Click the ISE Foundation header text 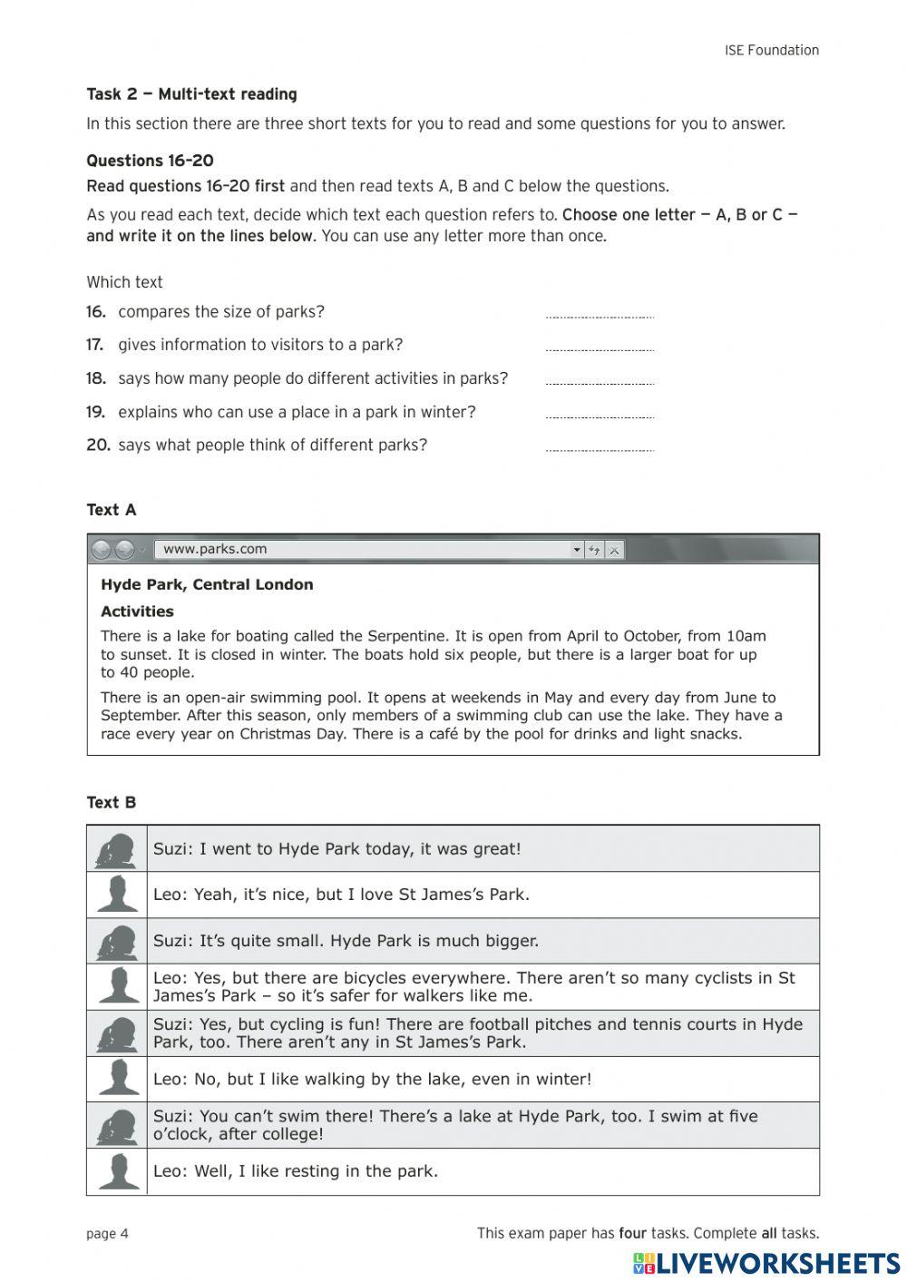click(x=771, y=51)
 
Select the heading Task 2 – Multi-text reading click(x=191, y=94)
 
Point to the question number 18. click(x=96, y=378)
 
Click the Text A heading click(x=112, y=510)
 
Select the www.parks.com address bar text click(x=215, y=549)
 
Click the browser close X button click(x=615, y=550)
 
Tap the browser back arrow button click(x=102, y=550)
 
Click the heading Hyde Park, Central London click(x=207, y=585)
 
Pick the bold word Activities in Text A click(x=137, y=612)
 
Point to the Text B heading click(x=112, y=803)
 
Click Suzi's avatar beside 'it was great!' click(x=117, y=850)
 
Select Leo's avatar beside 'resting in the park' click(x=117, y=1171)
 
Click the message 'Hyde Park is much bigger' click(x=345, y=941)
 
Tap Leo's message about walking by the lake click(x=372, y=1080)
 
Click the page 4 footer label click(x=107, y=1234)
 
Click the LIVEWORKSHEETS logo click(x=766, y=1263)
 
